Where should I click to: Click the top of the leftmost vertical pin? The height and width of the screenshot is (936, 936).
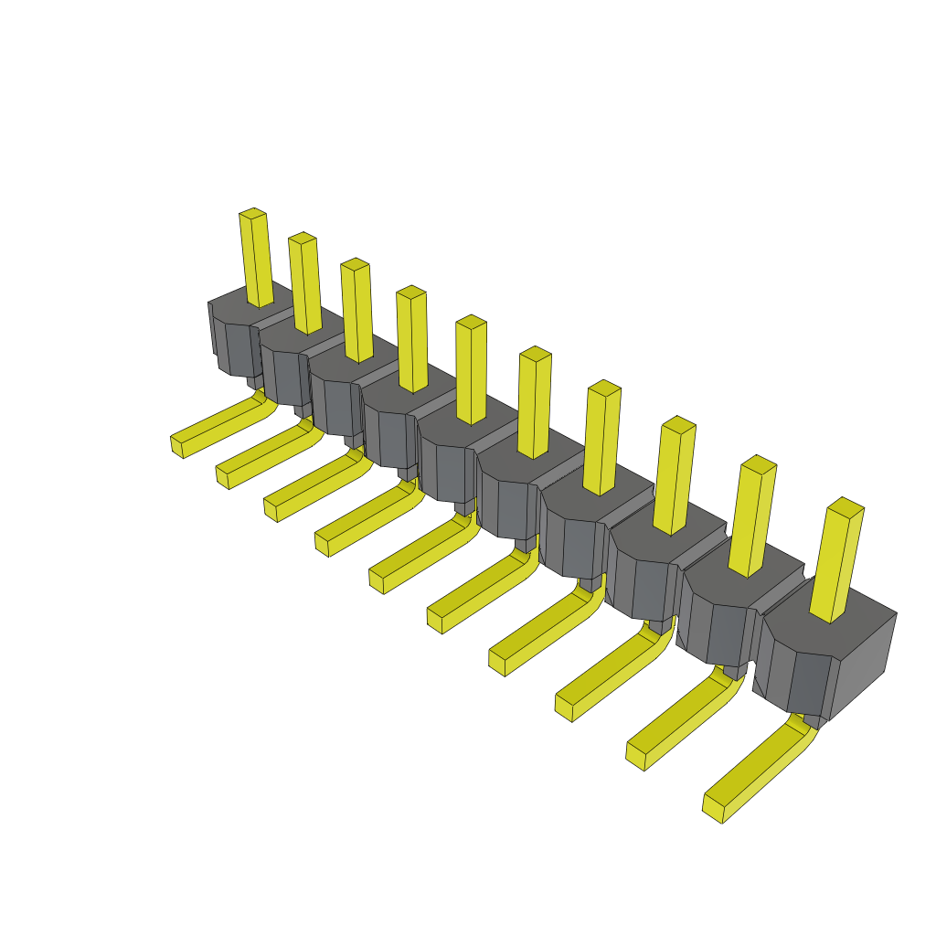[x=252, y=214]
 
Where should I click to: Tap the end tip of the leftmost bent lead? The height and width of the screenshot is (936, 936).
[x=176, y=445]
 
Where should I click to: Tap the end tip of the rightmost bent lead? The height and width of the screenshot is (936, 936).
[x=713, y=807]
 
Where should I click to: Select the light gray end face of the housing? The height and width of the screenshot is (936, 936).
[x=863, y=664]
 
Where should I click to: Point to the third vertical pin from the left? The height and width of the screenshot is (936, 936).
[x=357, y=311]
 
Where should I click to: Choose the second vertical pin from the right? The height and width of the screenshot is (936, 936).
[x=753, y=516]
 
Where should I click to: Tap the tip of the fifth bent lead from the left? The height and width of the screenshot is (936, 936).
[x=376, y=580]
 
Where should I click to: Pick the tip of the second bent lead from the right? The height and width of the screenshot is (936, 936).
[x=636, y=754]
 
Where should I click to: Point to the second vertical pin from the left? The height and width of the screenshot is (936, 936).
[x=305, y=283]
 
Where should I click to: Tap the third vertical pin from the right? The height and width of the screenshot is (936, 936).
[x=675, y=475]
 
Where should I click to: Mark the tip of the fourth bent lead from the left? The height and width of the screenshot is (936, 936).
[x=322, y=544]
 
